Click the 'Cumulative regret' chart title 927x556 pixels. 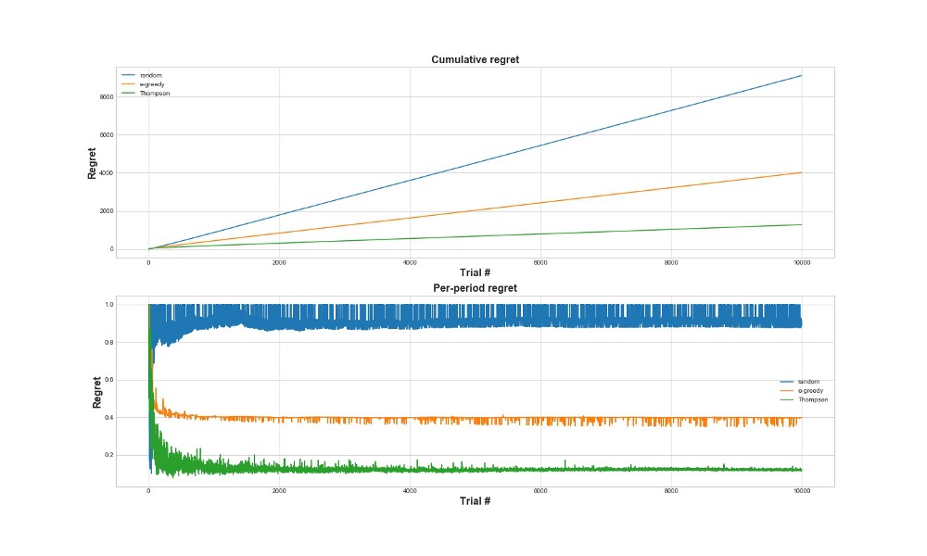pos(476,60)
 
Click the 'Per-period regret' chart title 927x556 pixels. pos(476,288)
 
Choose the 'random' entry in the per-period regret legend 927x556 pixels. pos(808,381)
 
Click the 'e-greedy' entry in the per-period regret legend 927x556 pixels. pos(810,390)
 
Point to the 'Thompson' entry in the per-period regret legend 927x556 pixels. pos(812,399)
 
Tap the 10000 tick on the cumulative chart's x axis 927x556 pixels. pos(802,263)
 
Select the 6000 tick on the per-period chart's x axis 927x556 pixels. pos(540,491)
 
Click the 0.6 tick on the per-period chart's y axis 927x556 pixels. pos(108,380)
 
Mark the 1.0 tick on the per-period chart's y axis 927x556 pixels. pos(108,304)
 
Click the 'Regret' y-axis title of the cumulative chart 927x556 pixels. pos(93,162)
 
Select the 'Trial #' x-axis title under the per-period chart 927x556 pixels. pos(476,501)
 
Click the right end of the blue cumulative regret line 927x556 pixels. pos(802,76)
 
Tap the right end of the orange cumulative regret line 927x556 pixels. pos(802,172)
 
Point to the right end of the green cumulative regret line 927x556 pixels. pos(802,224)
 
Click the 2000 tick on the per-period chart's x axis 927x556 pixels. pos(279,491)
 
